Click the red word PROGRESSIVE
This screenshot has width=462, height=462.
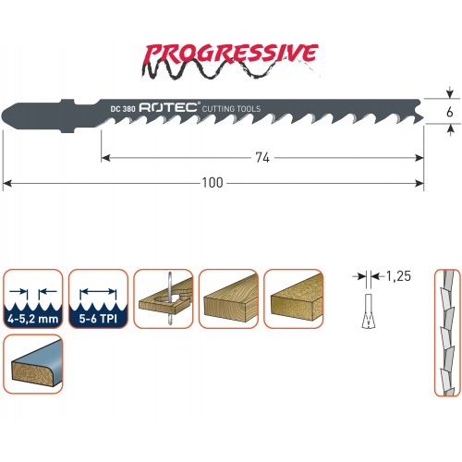(x=231, y=54)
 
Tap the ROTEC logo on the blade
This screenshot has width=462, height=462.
(x=168, y=107)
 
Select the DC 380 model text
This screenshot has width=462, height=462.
(x=123, y=109)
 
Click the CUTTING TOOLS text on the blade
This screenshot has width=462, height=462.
(x=231, y=109)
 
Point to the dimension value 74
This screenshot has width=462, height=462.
(x=262, y=158)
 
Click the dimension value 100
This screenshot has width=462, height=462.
(x=213, y=183)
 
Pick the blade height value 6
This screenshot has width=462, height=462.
(x=450, y=112)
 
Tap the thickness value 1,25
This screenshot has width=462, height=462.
(x=398, y=276)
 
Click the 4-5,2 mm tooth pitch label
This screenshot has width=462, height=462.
(x=33, y=319)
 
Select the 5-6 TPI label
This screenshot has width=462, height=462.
(x=98, y=319)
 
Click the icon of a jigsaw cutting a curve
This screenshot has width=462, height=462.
(x=164, y=298)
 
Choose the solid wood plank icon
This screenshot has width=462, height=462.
(x=228, y=298)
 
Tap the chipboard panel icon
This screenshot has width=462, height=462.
(x=294, y=298)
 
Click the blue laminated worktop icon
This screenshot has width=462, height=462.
(x=33, y=364)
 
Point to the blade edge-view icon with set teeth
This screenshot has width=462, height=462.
(x=447, y=333)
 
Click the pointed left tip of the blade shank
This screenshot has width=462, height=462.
(x=2, y=116)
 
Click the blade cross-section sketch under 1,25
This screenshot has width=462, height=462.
(x=369, y=311)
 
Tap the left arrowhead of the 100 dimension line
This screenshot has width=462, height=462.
(x=6, y=184)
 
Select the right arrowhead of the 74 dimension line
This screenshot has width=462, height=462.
(x=419, y=158)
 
